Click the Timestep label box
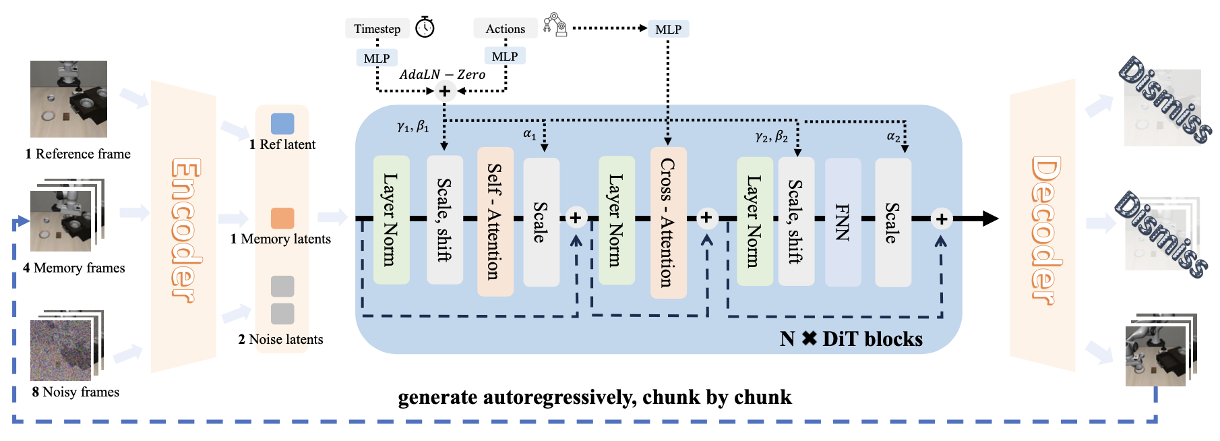(x=377, y=28)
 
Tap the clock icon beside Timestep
(x=425, y=27)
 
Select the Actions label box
(x=505, y=28)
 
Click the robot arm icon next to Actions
(x=555, y=25)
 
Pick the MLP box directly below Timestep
(x=377, y=58)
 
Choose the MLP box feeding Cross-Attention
(x=668, y=29)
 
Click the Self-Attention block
(x=495, y=221)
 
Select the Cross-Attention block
(x=668, y=223)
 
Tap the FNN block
(x=843, y=222)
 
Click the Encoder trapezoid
(x=183, y=227)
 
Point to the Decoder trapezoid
(x=1043, y=225)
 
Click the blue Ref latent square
(x=282, y=123)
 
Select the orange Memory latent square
(x=282, y=218)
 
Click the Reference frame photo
(x=69, y=99)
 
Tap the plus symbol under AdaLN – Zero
(x=445, y=90)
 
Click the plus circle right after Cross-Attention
(x=706, y=218)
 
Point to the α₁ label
(x=530, y=134)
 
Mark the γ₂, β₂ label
(x=771, y=137)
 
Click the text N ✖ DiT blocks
(x=851, y=339)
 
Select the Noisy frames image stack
(x=67, y=346)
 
